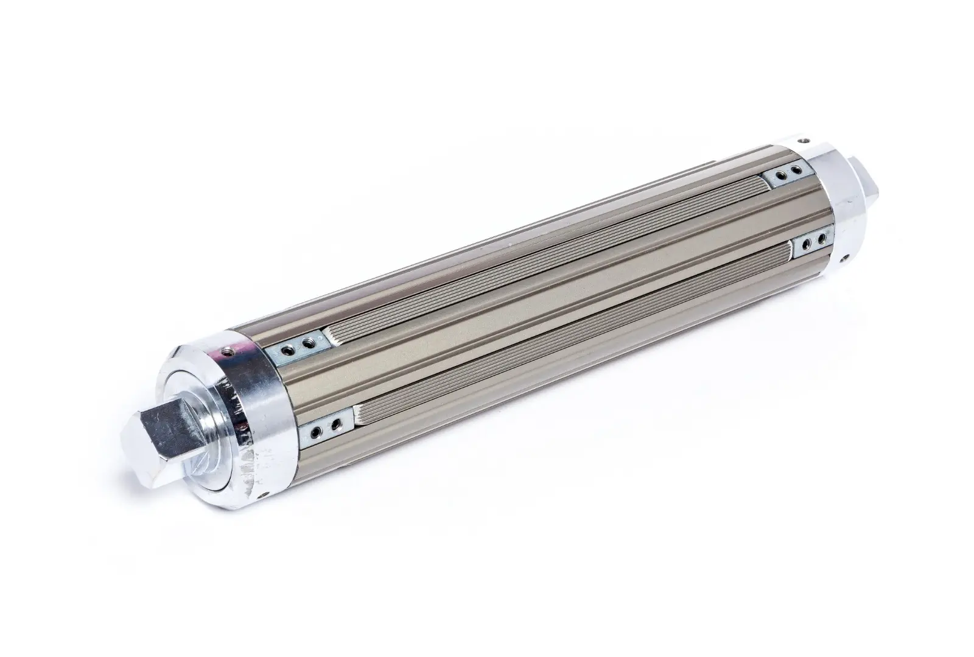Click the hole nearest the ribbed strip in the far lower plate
(806, 244)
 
